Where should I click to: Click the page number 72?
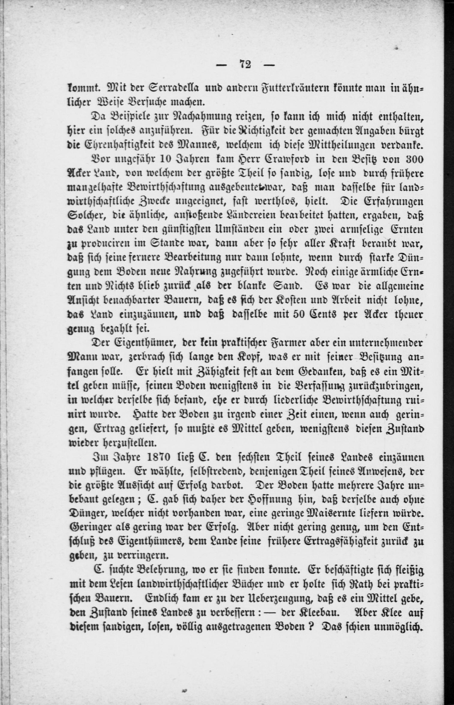pos(245,64)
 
